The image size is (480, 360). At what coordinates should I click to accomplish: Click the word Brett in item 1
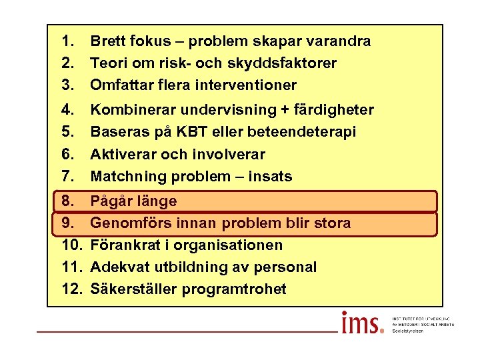coord(107,41)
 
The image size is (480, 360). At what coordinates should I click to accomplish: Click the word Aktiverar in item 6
coord(121,155)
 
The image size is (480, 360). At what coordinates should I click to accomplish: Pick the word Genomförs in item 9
coord(127,223)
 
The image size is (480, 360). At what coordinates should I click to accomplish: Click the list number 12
coord(70,289)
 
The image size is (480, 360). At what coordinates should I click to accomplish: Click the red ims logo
coord(363,323)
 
